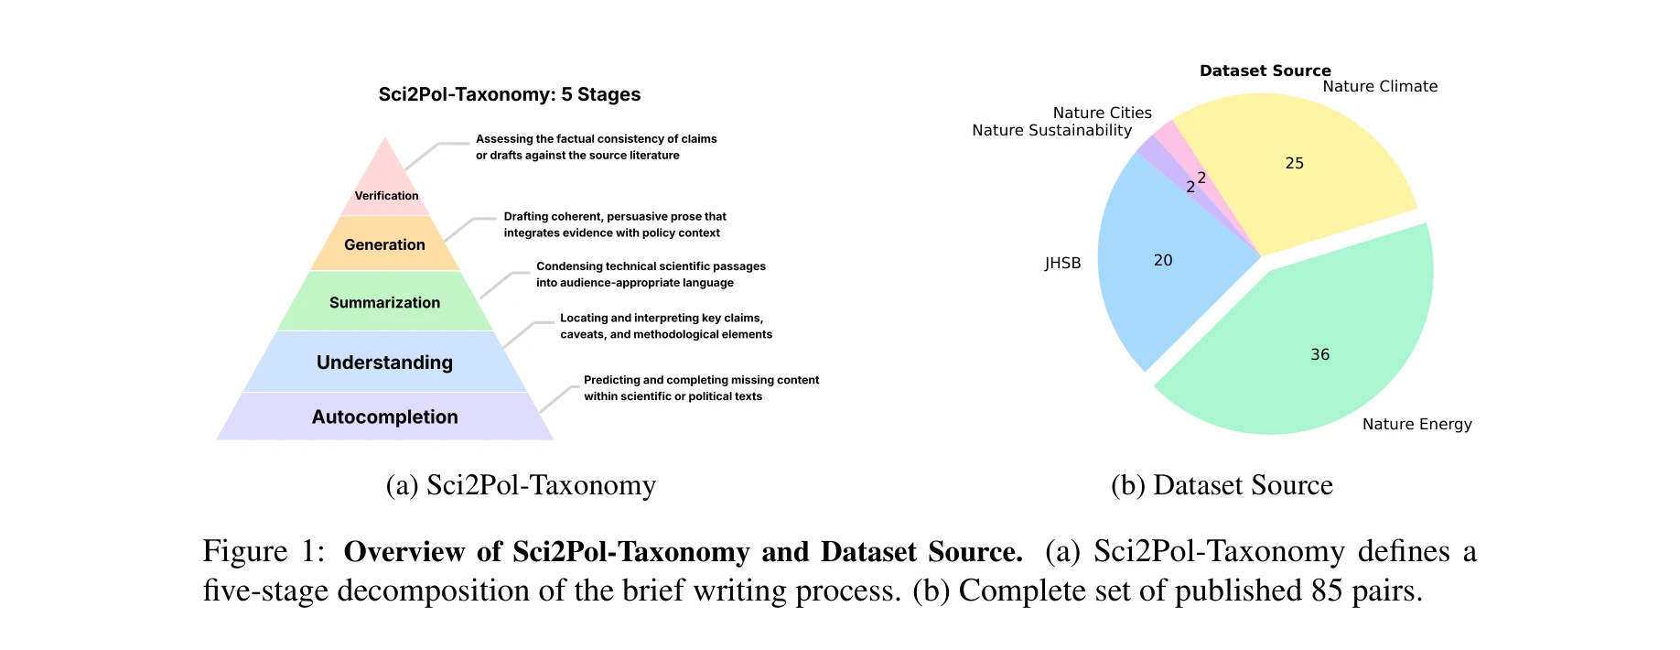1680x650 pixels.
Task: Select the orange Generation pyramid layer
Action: pyautogui.click(x=384, y=244)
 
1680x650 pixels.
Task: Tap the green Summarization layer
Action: pyautogui.click(x=384, y=302)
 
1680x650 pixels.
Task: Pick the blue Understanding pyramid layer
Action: pyautogui.click(x=384, y=363)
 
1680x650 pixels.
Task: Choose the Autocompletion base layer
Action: pyautogui.click(x=384, y=417)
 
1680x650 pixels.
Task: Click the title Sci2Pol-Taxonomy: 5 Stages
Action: pyautogui.click(x=510, y=94)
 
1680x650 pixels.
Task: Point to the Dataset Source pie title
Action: pyautogui.click(x=1265, y=70)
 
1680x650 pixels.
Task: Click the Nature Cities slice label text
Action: pyautogui.click(x=1102, y=113)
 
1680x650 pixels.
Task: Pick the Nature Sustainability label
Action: pyautogui.click(x=1051, y=130)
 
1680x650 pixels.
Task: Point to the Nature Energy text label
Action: pyautogui.click(x=1416, y=424)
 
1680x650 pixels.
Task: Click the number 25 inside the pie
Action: pyautogui.click(x=1294, y=163)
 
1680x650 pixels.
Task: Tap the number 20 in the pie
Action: pyautogui.click(x=1163, y=260)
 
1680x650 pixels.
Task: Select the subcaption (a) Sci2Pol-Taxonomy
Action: pyautogui.click(x=521, y=484)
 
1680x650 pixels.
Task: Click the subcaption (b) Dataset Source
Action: pyautogui.click(x=1222, y=484)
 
